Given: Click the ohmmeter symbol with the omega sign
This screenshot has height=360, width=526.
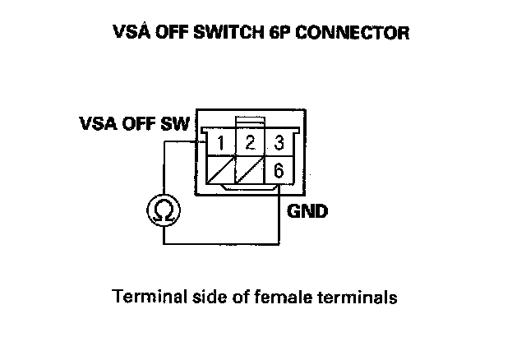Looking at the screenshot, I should coord(164,211).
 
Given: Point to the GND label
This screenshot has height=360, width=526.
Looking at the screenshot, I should coord(307,211).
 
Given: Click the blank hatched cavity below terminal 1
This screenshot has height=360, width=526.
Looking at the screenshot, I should coord(219,172).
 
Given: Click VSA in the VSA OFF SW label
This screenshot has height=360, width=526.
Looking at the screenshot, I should coord(96,125).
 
